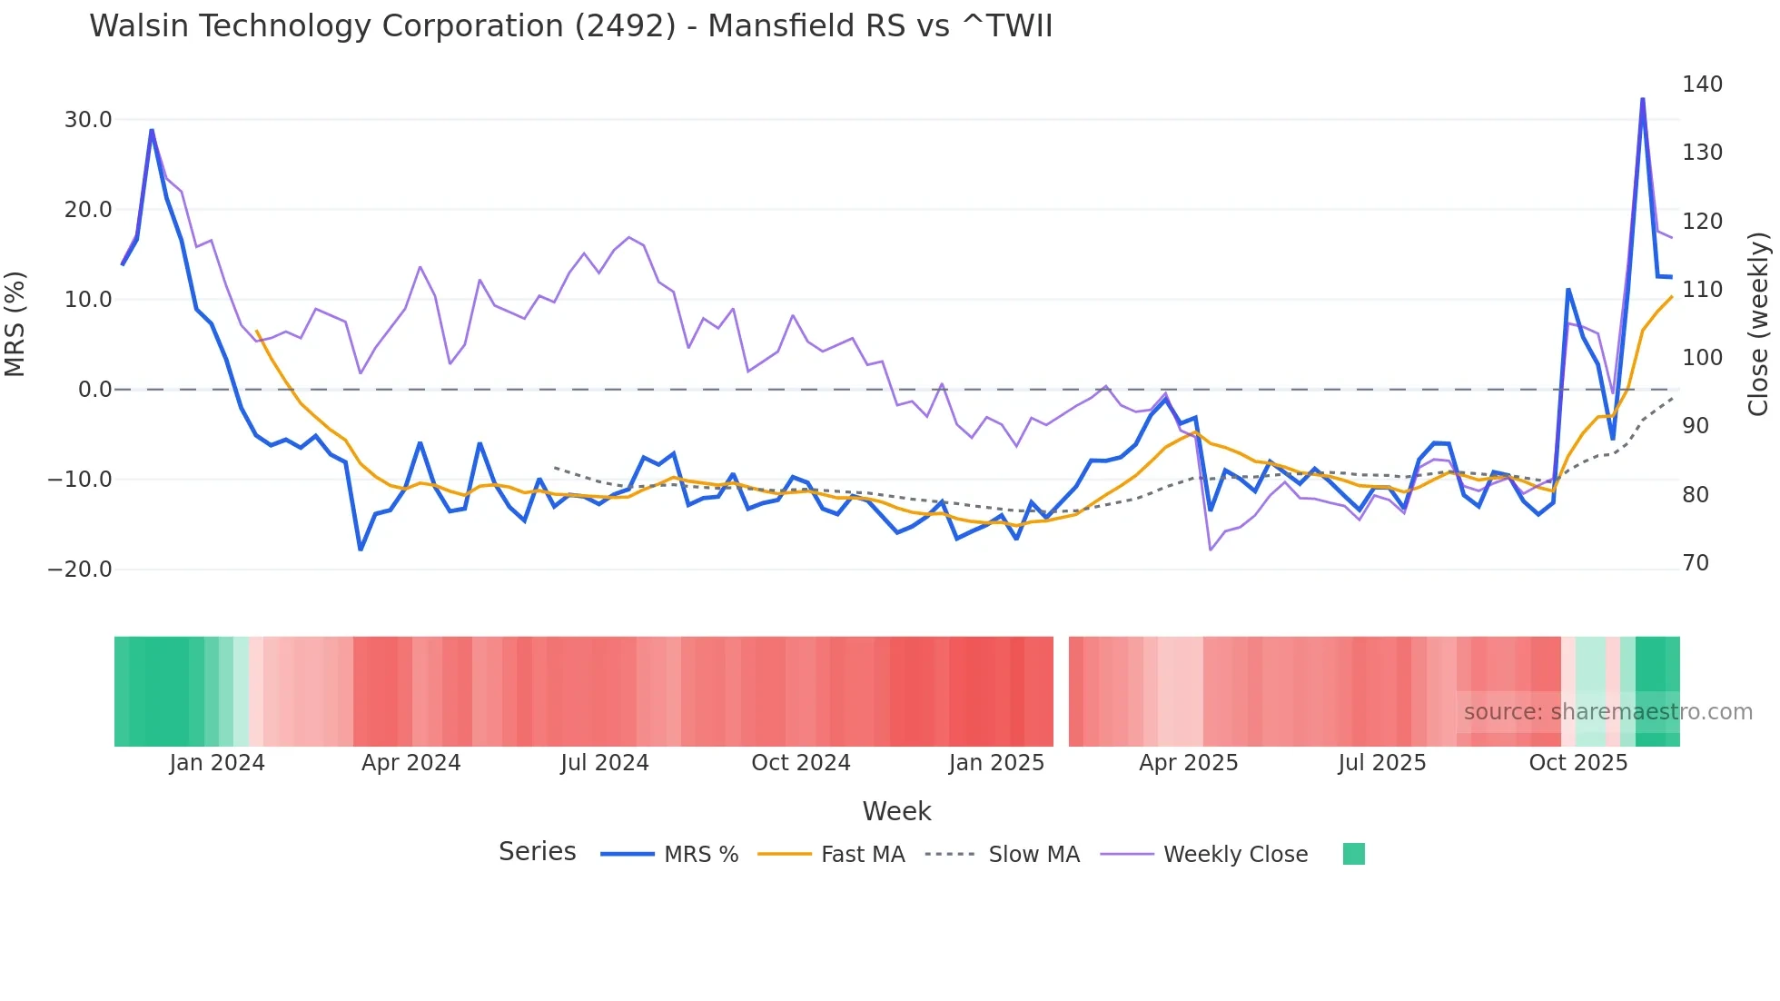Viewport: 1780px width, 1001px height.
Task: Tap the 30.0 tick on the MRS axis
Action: click(x=88, y=120)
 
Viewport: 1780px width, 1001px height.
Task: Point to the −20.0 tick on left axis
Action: click(x=80, y=570)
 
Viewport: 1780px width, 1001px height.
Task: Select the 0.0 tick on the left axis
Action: click(x=94, y=390)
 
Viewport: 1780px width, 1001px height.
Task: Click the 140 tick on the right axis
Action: click(x=1702, y=84)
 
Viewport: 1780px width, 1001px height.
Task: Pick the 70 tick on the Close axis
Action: click(x=1696, y=563)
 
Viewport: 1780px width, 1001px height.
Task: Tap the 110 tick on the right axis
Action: click(x=1702, y=290)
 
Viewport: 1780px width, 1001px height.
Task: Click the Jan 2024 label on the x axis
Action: click(x=217, y=763)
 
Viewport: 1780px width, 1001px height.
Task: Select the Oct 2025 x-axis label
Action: click(x=1577, y=763)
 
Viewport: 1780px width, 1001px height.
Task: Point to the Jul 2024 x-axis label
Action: click(x=604, y=763)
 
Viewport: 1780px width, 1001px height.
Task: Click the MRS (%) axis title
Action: click(x=15, y=324)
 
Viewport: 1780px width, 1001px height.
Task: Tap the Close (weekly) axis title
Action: click(x=1759, y=324)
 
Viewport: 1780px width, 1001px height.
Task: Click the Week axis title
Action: click(x=896, y=811)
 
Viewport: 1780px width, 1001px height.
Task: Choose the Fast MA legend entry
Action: click(x=862, y=855)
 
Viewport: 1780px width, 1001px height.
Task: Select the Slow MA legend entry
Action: click(x=1033, y=855)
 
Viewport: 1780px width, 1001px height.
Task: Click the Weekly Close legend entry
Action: click(x=1235, y=855)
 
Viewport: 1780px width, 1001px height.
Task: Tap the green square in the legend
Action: click(x=1353, y=854)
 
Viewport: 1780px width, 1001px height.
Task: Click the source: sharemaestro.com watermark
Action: click(x=1607, y=712)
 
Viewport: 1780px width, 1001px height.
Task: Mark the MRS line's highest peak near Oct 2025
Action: click(x=1642, y=99)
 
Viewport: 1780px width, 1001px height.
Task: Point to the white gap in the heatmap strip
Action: click(x=1061, y=691)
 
